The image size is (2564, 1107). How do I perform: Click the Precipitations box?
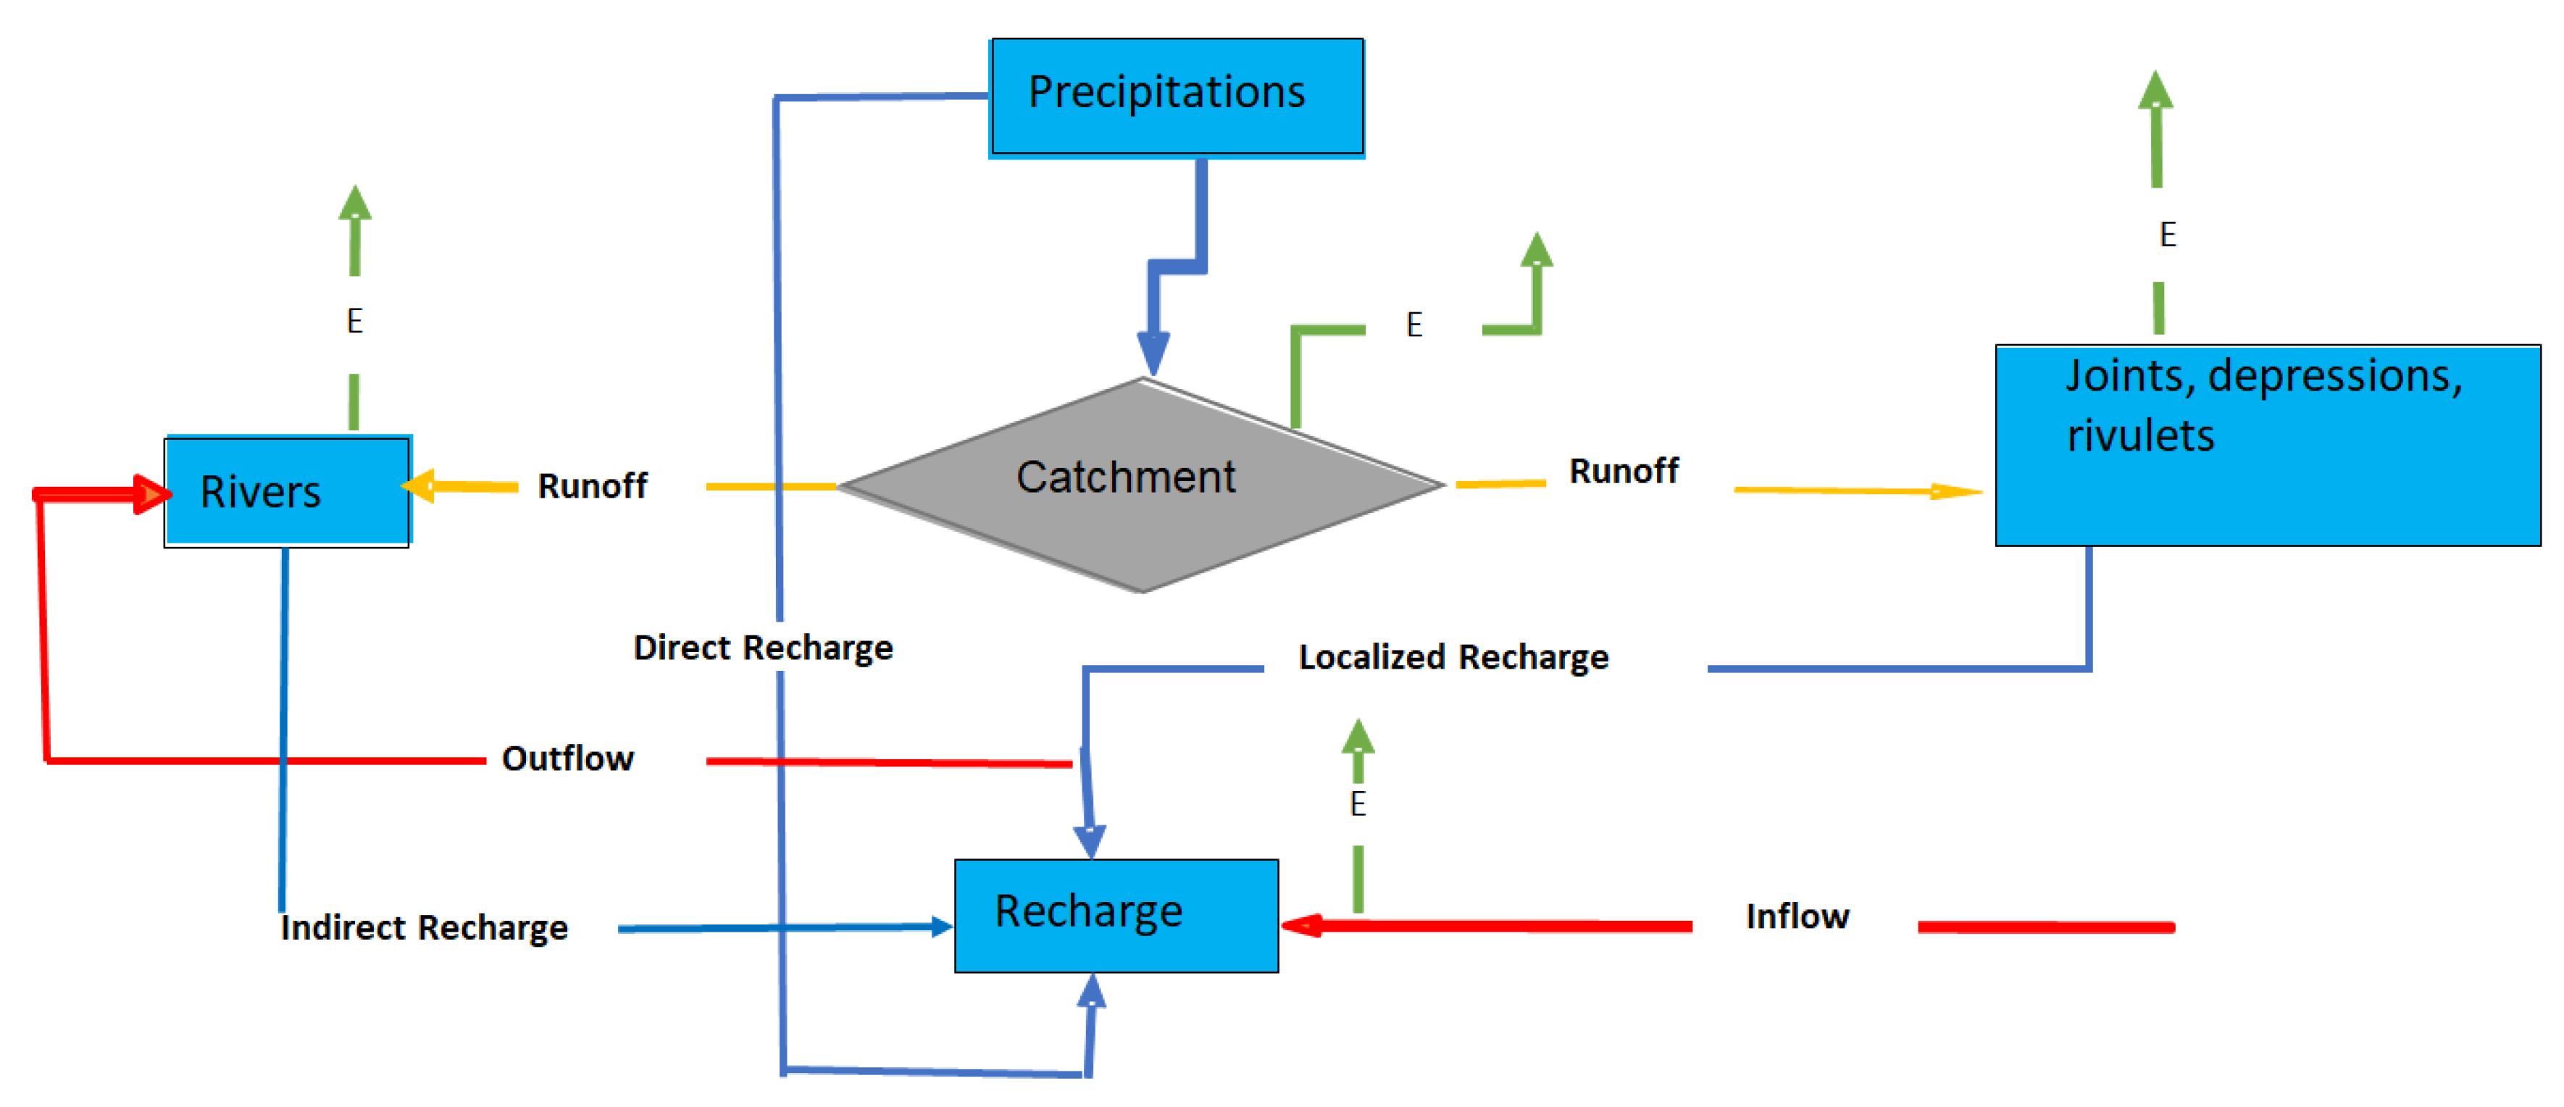[1177, 96]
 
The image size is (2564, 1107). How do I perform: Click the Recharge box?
[1116, 915]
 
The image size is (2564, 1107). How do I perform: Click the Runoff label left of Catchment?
[592, 486]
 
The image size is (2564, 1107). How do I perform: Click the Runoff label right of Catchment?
[1624, 471]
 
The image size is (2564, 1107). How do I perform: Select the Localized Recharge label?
[1453, 657]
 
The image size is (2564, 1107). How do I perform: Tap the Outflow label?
[567, 759]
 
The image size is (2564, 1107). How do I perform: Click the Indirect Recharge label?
[424, 928]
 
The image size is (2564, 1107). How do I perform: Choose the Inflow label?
[1797, 916]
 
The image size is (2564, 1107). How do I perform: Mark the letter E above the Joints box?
[2167, 235]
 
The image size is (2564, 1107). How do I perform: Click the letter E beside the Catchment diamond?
[1413, 325]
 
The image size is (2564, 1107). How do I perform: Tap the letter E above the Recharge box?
[1358, 803]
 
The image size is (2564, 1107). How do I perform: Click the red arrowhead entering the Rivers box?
[151, 495]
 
